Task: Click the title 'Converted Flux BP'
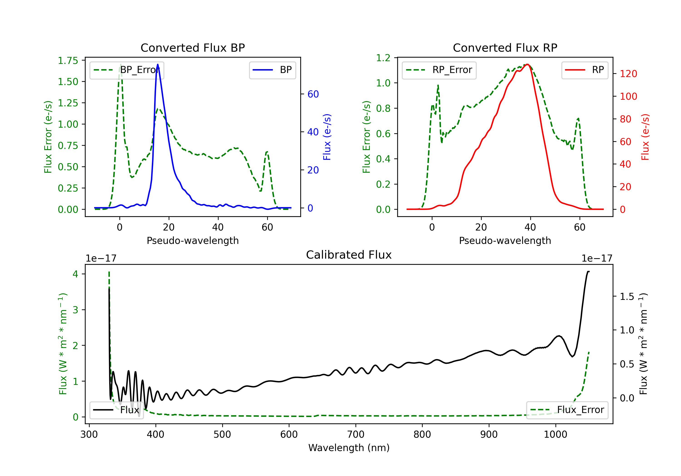click(192, 48)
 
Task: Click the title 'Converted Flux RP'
click(505, 48)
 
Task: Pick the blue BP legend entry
click(272, 70)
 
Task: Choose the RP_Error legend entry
click(439, 70)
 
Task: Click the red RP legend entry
click(585, 70)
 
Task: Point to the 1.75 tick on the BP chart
click(68, 61)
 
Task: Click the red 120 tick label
click(628, 74)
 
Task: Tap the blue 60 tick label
click(313, 94)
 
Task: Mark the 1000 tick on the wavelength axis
click(555, 435)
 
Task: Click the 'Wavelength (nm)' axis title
click(349, 448)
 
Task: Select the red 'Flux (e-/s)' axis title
click(645, 137)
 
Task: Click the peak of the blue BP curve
click(158, 64)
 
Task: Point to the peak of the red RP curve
click(527, 64)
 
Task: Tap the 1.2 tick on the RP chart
click(383, 58)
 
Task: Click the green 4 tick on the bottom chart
click(75, 274)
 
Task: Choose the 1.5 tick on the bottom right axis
click(627, 296)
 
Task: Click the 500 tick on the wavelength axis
click(222, 435)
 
